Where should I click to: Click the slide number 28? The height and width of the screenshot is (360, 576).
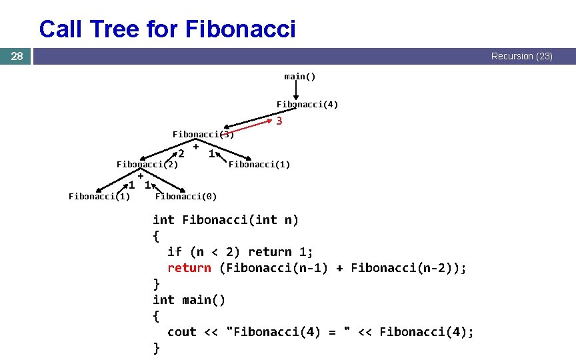click(x=17, y=57)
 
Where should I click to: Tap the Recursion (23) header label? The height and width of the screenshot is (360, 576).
click(x=521, y=57)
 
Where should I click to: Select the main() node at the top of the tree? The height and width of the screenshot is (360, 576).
click(x=300, y=76)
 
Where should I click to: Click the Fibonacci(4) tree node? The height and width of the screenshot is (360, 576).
click(x=307, y=104)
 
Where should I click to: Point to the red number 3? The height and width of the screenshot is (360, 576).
click(x=279, y=121)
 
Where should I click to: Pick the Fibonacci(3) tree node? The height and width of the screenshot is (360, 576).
click(x=203, y=134)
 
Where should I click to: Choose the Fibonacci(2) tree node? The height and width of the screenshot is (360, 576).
click(x=147, y=164)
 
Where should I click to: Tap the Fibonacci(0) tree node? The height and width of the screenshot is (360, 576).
click(x=185, y=196)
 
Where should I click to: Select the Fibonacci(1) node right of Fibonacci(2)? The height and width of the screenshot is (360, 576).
click(x=259, y=164)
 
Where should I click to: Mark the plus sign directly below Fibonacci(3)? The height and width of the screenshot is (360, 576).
click(x=197, y=145)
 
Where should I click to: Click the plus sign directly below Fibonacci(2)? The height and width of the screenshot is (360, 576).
click(x=141, y=175)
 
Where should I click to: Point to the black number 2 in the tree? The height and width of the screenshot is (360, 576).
click(x=181, y=154)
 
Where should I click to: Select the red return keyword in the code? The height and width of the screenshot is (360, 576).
click(x=189, y=268)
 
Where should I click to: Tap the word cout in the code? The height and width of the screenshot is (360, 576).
click(x=181, y=332)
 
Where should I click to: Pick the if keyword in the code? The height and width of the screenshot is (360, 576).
click(x=174, y=252)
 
